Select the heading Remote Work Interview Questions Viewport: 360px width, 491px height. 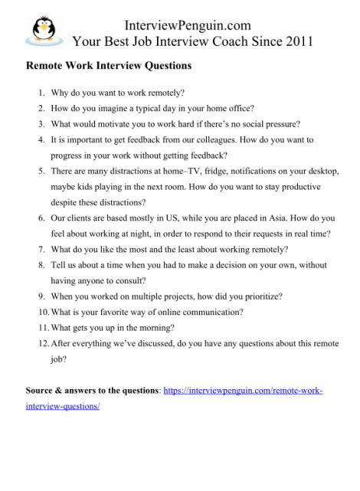(108, 66)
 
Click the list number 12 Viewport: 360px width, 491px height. (42, 342)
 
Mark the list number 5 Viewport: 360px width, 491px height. (44, 171)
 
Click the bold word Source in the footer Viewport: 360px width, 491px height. (41, 391)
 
